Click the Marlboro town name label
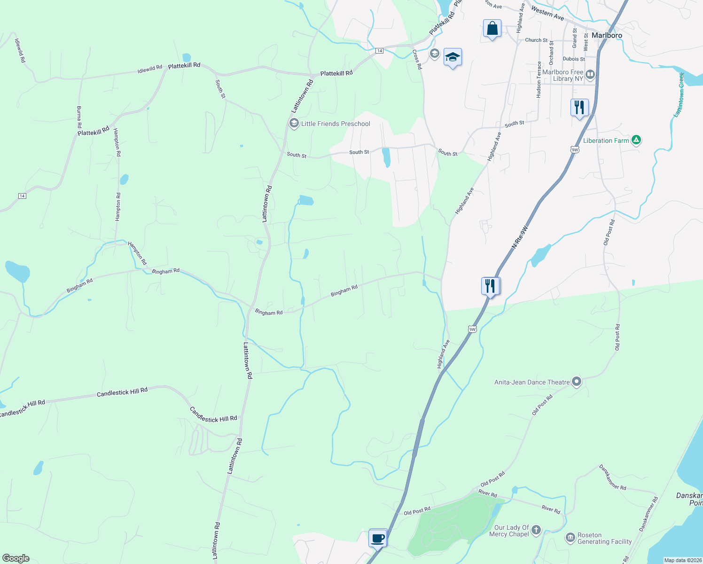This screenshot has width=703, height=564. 607,35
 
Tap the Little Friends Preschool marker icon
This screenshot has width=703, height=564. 294,124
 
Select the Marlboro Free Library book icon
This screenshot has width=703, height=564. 590,75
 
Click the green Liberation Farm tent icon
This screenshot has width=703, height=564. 636,140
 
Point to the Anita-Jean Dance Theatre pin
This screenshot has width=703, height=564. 577,382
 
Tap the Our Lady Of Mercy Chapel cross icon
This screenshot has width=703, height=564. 536,530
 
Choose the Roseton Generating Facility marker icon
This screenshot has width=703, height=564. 570,538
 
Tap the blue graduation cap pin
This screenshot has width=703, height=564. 453,57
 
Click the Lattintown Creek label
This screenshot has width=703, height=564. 679,94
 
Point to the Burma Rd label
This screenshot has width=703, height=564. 79,117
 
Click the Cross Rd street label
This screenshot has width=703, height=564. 417,60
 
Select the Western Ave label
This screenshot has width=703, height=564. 547,13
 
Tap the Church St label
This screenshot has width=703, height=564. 536,40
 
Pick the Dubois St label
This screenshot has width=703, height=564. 574,59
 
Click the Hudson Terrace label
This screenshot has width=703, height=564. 539,80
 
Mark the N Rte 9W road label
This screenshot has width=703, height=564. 520,237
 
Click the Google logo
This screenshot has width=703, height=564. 16,558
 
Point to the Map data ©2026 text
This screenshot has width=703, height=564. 683,560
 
